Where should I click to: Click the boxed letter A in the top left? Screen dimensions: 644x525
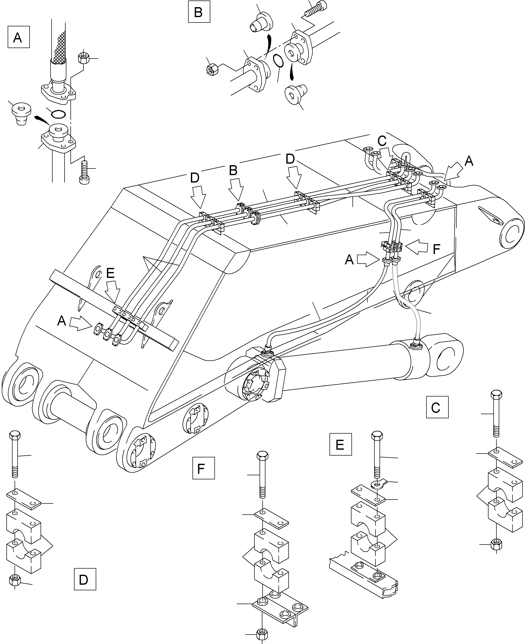[18, 37]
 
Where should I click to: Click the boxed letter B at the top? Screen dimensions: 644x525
[199, 12]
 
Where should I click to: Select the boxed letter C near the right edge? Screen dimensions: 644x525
[437, 408]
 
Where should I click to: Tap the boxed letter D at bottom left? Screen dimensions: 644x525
[85, 579]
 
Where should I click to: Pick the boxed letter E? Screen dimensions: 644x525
[340, 445]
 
